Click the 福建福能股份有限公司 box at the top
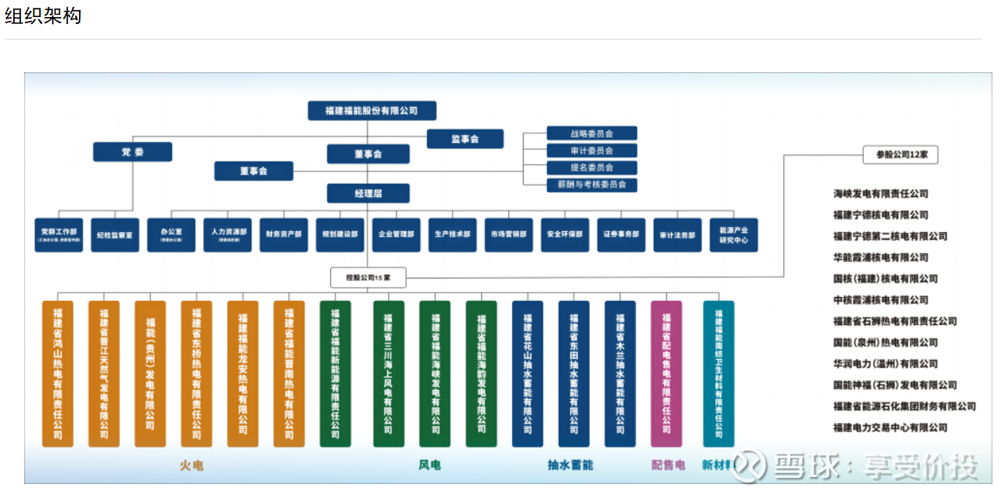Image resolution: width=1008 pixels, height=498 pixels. tap(372, 111)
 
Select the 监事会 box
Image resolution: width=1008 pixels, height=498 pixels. tap(465, 139)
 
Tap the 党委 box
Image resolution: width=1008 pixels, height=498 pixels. tap(132, 152)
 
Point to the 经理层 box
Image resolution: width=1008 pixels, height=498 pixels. tap(368, 193)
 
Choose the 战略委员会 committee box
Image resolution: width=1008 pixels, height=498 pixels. tap(591, 133)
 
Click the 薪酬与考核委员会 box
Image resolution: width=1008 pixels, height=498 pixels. tap(591, 185)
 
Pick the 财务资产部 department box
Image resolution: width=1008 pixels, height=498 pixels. tap(284, 234)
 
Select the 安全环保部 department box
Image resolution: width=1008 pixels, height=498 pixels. tap(565, 234)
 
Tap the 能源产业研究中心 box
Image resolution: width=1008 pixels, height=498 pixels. tap(733, 234)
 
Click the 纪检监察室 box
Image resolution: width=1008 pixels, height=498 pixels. tap(115, 234)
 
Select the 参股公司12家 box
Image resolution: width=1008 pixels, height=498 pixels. tap(900, 154)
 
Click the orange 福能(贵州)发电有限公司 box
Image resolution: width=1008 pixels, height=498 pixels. tap(150, 373)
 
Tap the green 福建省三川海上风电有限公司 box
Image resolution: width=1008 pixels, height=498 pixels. tap(388, 373)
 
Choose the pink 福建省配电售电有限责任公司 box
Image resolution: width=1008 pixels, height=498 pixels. tap(666, 373)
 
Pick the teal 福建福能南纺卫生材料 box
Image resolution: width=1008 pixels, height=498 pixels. tap(718, 373)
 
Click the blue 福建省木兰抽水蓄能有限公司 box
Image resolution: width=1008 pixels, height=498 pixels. tap(620, 373)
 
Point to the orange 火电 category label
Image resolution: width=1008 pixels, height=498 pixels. tap(191, 465)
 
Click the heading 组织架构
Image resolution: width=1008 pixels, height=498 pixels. tap(43, 16)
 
